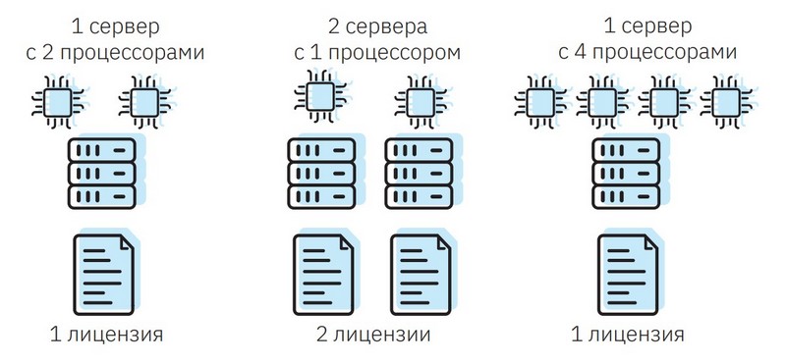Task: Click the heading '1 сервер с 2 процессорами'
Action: coord(114,37)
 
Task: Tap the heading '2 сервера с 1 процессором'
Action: coord(377,37)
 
